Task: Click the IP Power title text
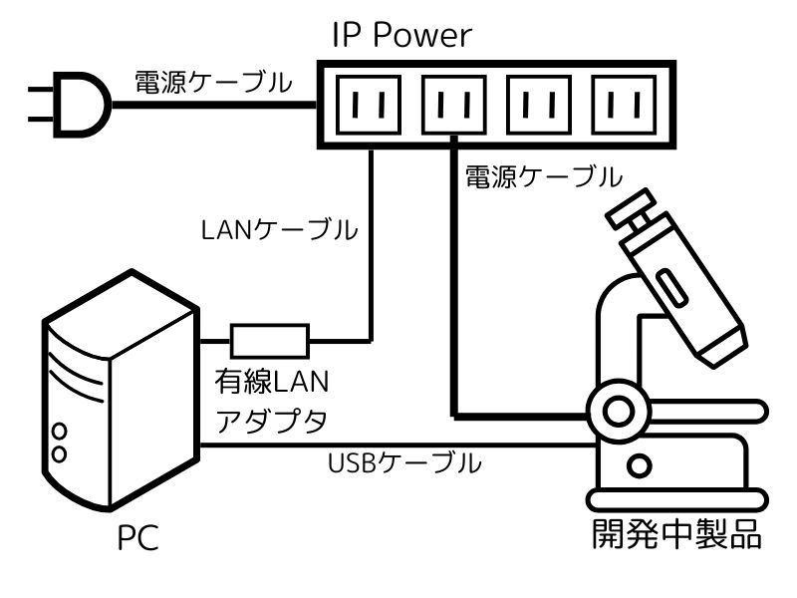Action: click(x=401, y=37)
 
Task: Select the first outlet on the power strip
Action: click(x=373, y=103)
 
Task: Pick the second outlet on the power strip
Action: click(x=456, y=103)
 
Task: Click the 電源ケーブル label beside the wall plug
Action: click(x=214, y=82)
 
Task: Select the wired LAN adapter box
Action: click(x=270, y=340)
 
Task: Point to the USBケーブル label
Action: click(x=405, y=463)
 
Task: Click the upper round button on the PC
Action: click(x=59, y=433)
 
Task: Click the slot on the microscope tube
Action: click(x=668, y=288)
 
